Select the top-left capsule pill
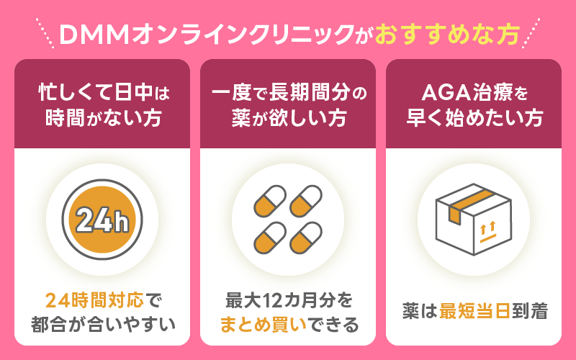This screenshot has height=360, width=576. click(x=270, y=202)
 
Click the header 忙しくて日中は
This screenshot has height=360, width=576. click(x=102, y=92)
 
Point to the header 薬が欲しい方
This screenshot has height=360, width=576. click(x=287, y=117)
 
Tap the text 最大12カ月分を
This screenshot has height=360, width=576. click(x=288, y=300)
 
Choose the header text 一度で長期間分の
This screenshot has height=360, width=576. click(x=288, y=92)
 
